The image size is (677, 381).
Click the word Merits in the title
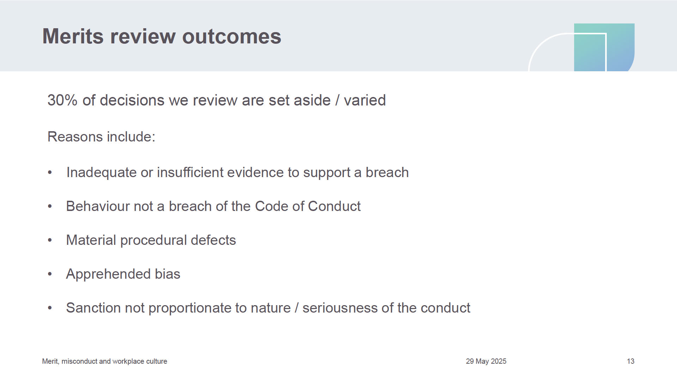pos(73,36)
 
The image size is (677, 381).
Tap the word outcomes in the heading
pos(232,36)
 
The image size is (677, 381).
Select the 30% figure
pos(62,100)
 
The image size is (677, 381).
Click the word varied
pos(365,100)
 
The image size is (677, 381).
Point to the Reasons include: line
pos(102,137)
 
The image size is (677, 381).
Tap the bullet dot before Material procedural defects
pos(50,241)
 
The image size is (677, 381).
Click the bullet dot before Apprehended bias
pos(50,274)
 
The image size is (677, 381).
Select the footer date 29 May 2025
pos(486,361)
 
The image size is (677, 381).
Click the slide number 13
pos(630,361)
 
